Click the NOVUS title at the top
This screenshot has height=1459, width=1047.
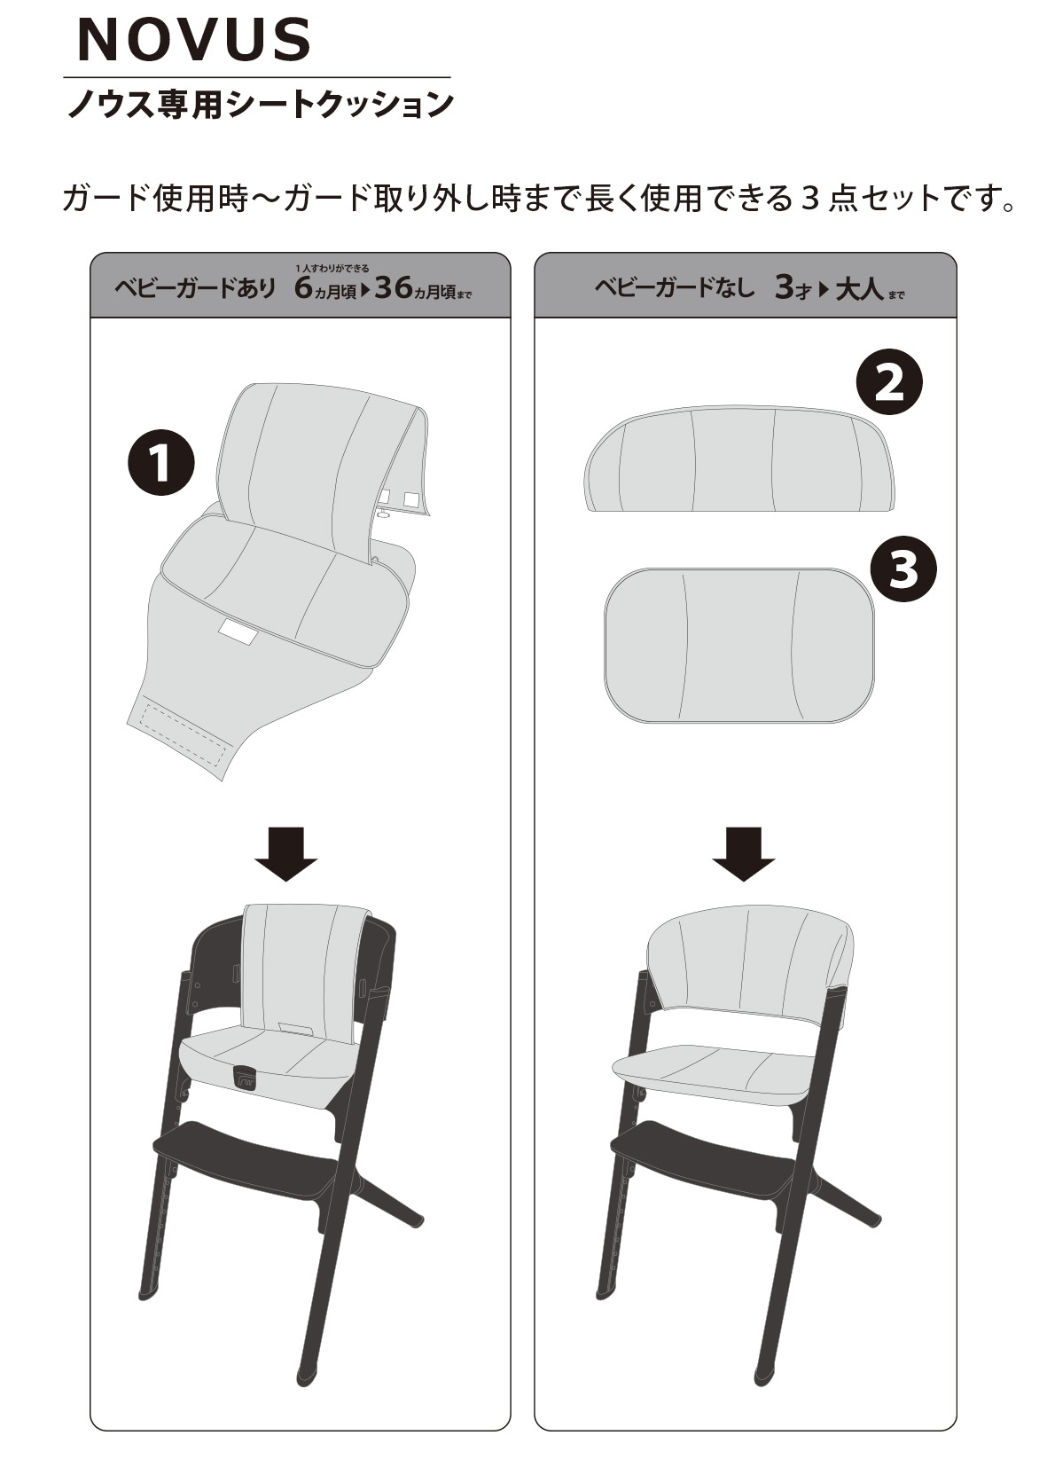(193, 40)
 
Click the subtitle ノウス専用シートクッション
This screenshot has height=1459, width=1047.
(260, 105)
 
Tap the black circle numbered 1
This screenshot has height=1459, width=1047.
(160, 462)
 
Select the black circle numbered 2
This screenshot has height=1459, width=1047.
(889, 382)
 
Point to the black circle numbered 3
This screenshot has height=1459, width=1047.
(903, 569)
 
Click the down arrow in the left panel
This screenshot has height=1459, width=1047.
(285, 854)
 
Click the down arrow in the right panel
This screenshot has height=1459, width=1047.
(744, 854)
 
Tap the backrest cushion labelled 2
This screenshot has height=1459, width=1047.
(739, 459)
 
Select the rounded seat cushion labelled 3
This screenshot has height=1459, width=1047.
(739, 645)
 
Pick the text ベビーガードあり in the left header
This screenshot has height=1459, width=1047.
(195, 287)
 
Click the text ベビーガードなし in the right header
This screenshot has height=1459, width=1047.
(675, 287)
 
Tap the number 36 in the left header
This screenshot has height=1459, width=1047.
(395, 287)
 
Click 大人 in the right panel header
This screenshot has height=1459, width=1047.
(859, 288)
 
